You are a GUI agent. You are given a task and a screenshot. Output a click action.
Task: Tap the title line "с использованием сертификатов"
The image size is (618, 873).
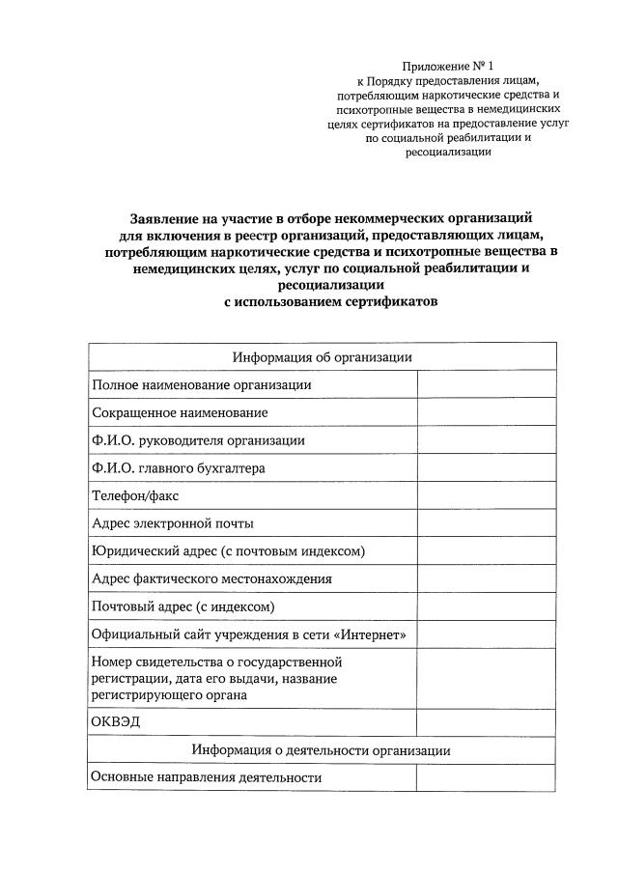coord(330,300)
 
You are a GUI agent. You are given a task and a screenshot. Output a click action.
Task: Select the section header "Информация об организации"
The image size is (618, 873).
coord(323,356)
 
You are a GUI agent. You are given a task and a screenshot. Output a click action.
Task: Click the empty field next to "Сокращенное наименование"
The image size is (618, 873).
coord(487,412)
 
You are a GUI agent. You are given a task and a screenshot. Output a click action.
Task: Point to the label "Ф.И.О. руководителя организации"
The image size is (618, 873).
coord(198,440)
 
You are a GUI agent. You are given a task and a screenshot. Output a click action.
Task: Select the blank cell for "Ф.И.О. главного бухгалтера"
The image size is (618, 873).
coord(487,468)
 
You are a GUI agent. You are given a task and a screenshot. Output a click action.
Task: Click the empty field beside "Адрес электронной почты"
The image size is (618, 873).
coord(487,523)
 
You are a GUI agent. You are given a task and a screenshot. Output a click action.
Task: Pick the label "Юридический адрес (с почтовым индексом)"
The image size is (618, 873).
coord(228,551)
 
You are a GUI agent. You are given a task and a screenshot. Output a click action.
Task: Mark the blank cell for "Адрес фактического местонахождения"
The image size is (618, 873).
coord(487,579)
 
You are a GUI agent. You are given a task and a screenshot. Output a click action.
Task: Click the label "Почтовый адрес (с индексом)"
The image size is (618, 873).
coord(183,607)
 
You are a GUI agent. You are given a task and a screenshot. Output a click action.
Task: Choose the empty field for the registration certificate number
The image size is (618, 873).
coord(487,679)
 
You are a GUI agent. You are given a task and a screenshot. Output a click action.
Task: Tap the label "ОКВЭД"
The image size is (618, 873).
coord(116,722)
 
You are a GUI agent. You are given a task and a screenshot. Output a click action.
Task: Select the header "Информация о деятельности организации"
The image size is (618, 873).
coord(321,750)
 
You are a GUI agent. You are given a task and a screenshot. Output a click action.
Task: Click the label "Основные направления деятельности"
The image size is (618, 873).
coord(207,777)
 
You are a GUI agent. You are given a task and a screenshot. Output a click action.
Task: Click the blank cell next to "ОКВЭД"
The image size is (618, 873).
coord(487,722)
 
